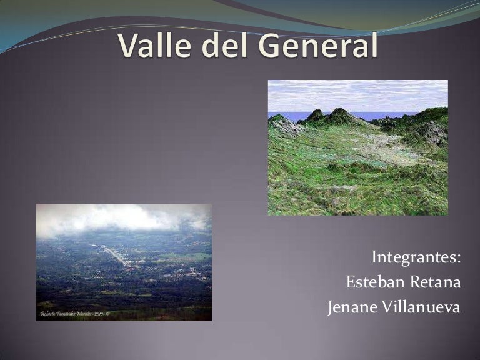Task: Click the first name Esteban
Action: click(x=373, y=282)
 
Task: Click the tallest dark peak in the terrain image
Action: click(x=340, y=114)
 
